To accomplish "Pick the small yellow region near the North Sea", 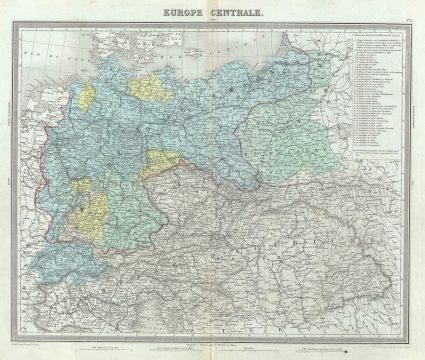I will coord(88,95).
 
